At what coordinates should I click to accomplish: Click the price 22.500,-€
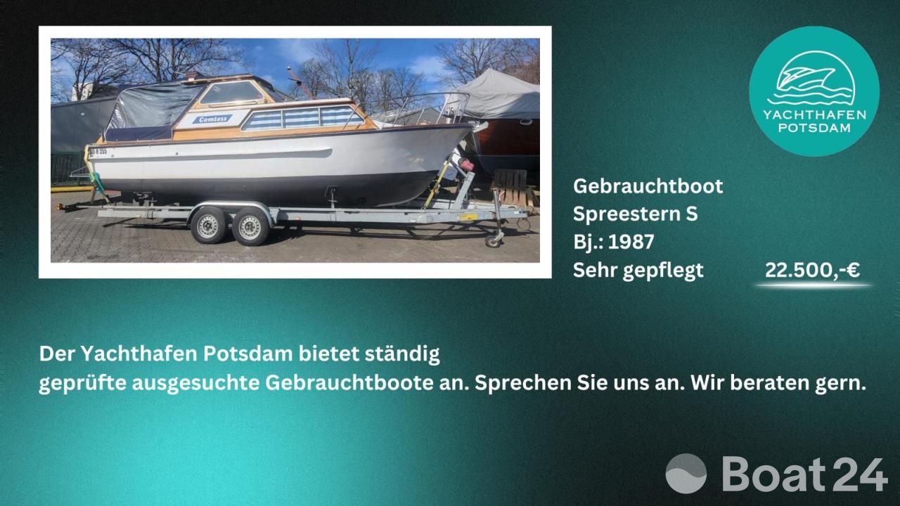pyautogui.click(x=812, y=270)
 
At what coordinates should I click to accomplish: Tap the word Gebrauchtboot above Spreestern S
pyautogui.click(x=648, y=186)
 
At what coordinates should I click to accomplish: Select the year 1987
pyautogui.click(x=631, y=242)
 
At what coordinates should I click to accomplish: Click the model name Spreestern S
pyautogui.click(x=635, y=214)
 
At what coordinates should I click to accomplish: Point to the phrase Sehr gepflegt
pyautogui.click(x=638, y=271)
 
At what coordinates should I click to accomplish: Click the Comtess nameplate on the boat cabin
pyautogui.click(x=212, y=119)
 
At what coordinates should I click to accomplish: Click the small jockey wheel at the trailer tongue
pyautogui.click(x=493, y=240)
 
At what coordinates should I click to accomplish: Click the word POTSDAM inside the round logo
pyautogui.click(x=814, y=128)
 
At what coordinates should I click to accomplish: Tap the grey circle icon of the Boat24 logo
pyautogui.click(x=686, y=474)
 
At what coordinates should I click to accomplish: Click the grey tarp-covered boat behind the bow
pyautogui.click(x=499, y=95)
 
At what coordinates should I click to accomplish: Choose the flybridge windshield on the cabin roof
pyautogui.click(x=232, y=92)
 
